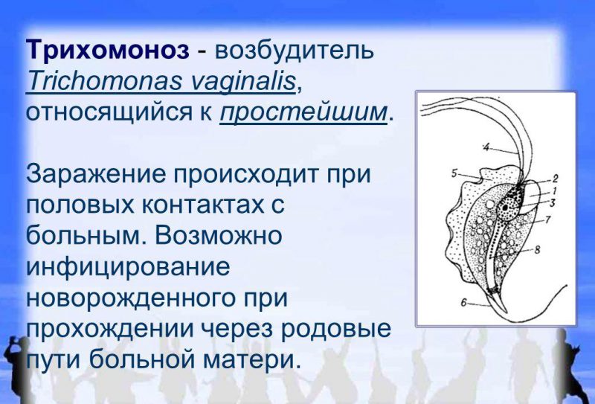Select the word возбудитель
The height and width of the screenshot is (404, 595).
click(293, 50)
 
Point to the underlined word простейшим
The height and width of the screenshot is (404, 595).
click(303, 112)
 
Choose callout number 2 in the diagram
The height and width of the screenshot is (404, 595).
click(554, 179)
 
